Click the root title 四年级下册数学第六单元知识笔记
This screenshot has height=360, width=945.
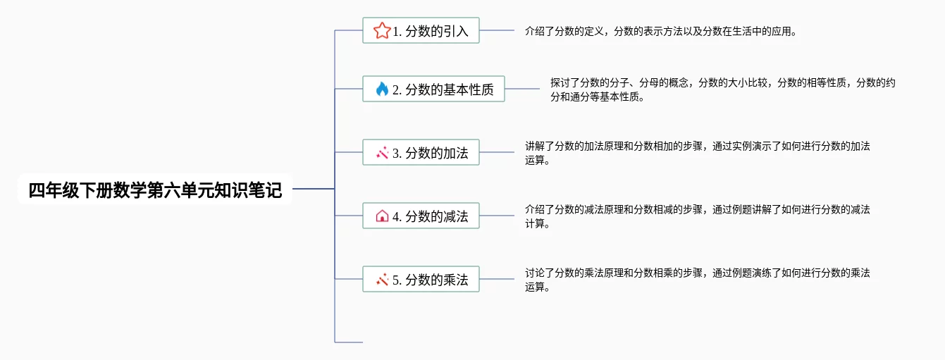[154, 190]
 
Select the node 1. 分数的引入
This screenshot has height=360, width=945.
[430, 31]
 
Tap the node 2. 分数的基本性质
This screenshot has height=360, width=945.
[443, 89]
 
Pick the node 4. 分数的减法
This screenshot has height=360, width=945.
[430, 216]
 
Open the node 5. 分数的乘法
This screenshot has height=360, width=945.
[430, 280]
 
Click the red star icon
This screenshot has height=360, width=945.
[382, 30]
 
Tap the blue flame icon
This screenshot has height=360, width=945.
[382, 89]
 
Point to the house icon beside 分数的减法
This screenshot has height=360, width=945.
[382, 216]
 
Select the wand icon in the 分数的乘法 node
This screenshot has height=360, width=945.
[382, 280]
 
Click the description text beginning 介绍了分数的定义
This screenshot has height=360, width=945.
[660, 31]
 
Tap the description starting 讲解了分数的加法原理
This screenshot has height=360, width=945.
[697, 153]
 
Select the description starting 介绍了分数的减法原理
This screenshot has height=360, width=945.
[697, 216]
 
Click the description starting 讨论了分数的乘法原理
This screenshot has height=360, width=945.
[697, 280]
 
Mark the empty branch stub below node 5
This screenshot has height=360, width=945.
[350, 342]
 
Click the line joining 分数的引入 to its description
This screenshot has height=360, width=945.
[497, 30]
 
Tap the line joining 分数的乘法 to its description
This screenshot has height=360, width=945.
[497, 279]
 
